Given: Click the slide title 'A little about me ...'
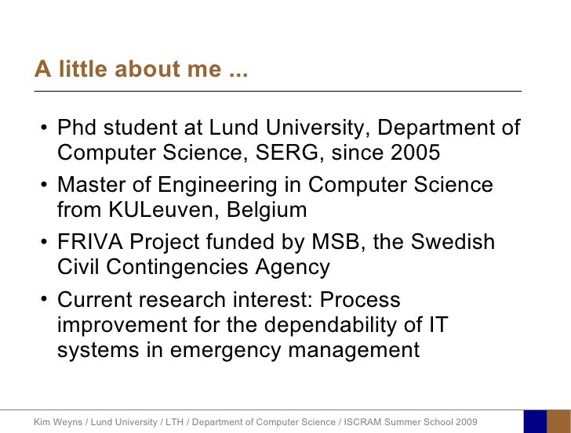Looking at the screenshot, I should (x=140, y=70).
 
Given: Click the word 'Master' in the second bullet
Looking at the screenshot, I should (x=95, y=186).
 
